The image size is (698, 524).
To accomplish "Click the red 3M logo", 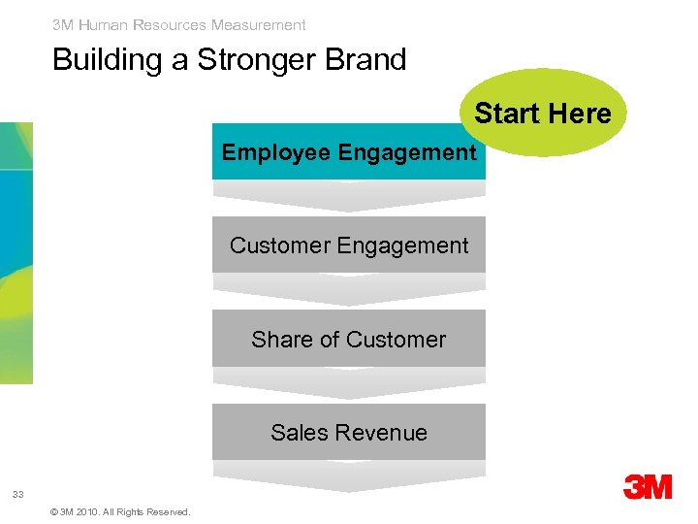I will [x=647, y=486].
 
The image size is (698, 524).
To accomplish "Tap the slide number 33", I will [x=17, y=495].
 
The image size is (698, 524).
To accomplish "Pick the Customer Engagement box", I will [x=349, y=246].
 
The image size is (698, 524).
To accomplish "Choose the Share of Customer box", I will [x=349, y=339].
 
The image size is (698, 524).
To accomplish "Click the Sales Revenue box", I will [x=349, y=432].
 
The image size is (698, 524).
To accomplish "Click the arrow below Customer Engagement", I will [x=349, y=289].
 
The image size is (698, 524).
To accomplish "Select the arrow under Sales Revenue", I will [x=349, y=475].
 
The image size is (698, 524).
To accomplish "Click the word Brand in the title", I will [x=367, y=60].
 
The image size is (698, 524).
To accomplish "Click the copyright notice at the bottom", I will [x=118, y=511].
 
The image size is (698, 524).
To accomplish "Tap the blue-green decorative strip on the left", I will [x=16, y=252].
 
